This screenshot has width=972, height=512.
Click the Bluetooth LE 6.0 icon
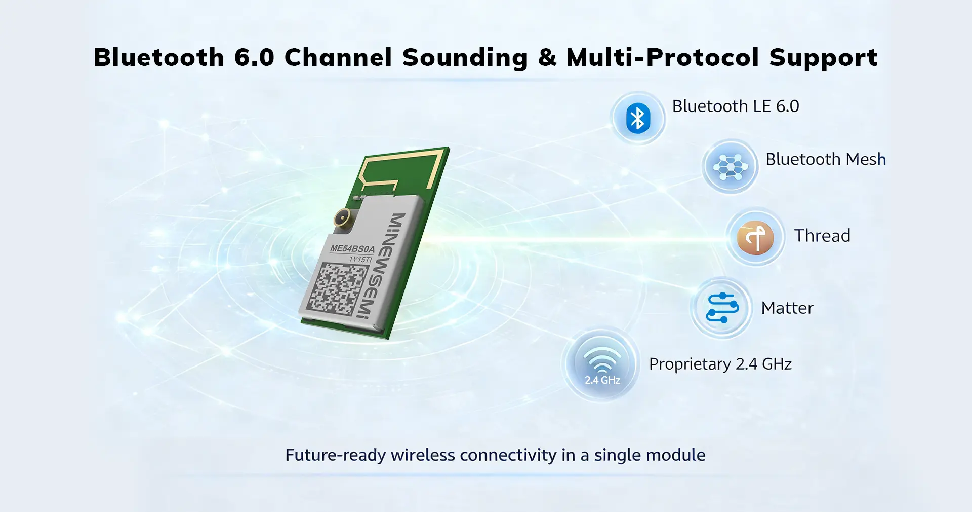[x=638, y=118]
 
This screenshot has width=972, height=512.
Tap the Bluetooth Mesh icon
[x=730, y=166]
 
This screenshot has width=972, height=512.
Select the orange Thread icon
[x=755, y=237]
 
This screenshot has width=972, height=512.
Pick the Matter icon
[x=722, y=308]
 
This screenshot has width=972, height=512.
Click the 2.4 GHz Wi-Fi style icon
[x=602, y=364]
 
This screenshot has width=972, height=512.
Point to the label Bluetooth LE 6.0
[x=736, y=106]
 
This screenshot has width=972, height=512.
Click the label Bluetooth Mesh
[x=826, y=159]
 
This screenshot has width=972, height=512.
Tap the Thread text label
[x=822, y=236]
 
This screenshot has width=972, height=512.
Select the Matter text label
[x=787, y=308]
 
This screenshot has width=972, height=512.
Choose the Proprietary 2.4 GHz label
[x=720, y=364]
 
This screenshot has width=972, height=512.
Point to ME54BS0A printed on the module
[x=352, y=249]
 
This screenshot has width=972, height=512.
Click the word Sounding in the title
[x=465, y=58]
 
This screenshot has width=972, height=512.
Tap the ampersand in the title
[x=547, y=57]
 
